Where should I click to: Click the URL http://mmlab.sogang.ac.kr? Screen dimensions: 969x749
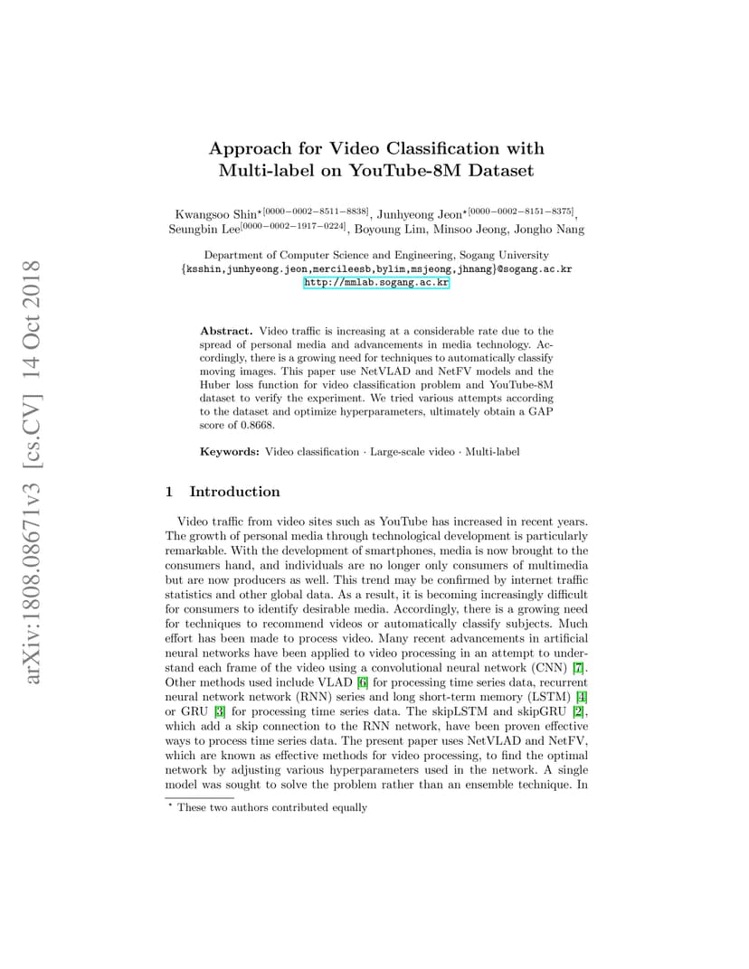coord(376,283)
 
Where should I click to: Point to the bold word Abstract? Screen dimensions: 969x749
coord(226,332)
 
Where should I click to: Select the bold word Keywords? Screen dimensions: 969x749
coord(230,451)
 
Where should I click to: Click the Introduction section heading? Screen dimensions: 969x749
coord(234,492)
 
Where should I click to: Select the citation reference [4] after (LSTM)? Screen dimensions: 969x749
coord(582,696)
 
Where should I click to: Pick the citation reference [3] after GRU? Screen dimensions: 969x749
coord(219,710)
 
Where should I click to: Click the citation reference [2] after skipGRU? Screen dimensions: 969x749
coord(578,710)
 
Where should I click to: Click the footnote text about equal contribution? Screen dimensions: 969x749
coord(272,807)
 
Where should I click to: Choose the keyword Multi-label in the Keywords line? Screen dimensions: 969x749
coord(492,451)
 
